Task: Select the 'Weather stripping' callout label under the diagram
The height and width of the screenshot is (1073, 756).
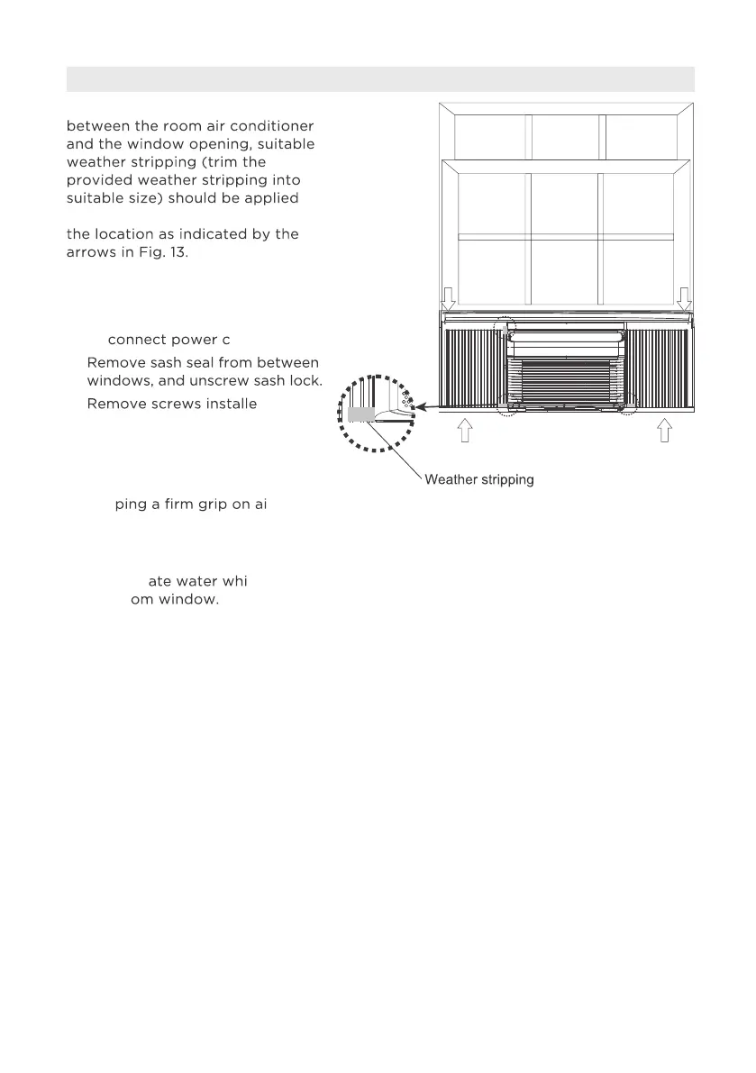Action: tap(479, 480)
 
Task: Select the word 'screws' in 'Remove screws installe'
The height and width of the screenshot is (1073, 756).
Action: tap(163, 403)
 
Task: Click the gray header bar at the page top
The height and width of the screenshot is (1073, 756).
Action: tap(379, 79)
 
